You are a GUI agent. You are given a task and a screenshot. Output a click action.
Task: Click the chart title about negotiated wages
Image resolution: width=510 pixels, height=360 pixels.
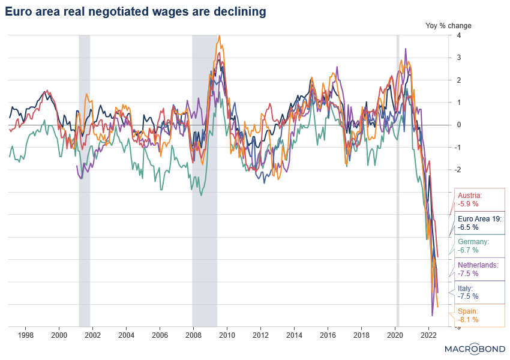coord(136,11)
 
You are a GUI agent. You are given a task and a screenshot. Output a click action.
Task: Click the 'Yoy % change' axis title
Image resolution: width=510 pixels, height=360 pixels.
coord(448,26)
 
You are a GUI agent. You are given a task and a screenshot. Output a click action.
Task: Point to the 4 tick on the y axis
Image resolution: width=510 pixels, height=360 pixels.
coord(458,35)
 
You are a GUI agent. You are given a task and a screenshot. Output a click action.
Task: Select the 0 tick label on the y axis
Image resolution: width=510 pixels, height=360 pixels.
coord(458,125)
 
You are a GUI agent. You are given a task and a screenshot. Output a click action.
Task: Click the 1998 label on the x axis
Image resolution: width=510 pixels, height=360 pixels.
coord(25,334)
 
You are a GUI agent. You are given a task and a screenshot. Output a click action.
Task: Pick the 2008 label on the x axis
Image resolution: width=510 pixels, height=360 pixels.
coord(193,334)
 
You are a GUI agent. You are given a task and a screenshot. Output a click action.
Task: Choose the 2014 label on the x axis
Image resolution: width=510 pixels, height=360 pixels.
coord(294,334)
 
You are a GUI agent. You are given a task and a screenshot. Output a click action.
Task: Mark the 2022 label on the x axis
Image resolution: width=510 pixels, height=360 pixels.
coord(428,334)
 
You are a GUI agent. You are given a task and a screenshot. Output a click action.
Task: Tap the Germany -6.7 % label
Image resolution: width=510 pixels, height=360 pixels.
coord(473,246)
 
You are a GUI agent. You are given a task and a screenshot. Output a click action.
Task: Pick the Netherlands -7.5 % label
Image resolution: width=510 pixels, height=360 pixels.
coord(478,269)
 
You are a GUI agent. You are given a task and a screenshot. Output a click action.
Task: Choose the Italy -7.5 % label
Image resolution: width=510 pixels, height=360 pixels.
coord(468,292)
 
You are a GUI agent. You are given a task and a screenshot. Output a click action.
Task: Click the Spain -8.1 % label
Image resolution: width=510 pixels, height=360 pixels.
coord(469,315)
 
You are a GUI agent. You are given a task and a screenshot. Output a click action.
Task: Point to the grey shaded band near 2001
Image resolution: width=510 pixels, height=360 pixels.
coord(84,180)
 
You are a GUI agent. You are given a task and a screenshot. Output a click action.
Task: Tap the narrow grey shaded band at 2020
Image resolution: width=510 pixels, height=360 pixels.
coord(397,180)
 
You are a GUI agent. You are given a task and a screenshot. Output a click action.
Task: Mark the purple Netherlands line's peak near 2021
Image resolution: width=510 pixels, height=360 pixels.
coord(406,49)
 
